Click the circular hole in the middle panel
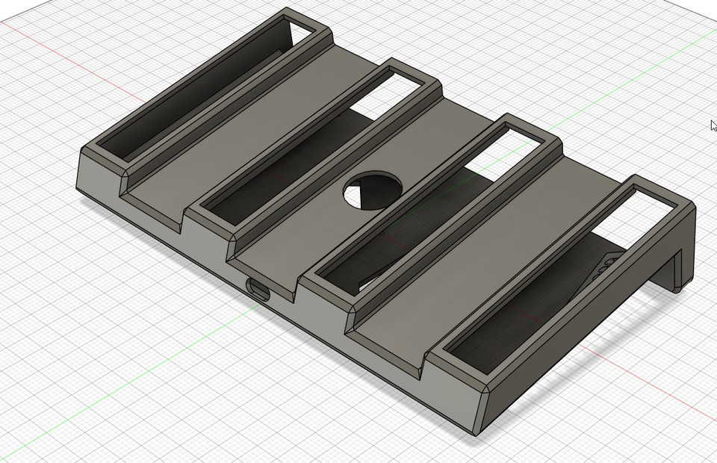[x=373, y=190]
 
